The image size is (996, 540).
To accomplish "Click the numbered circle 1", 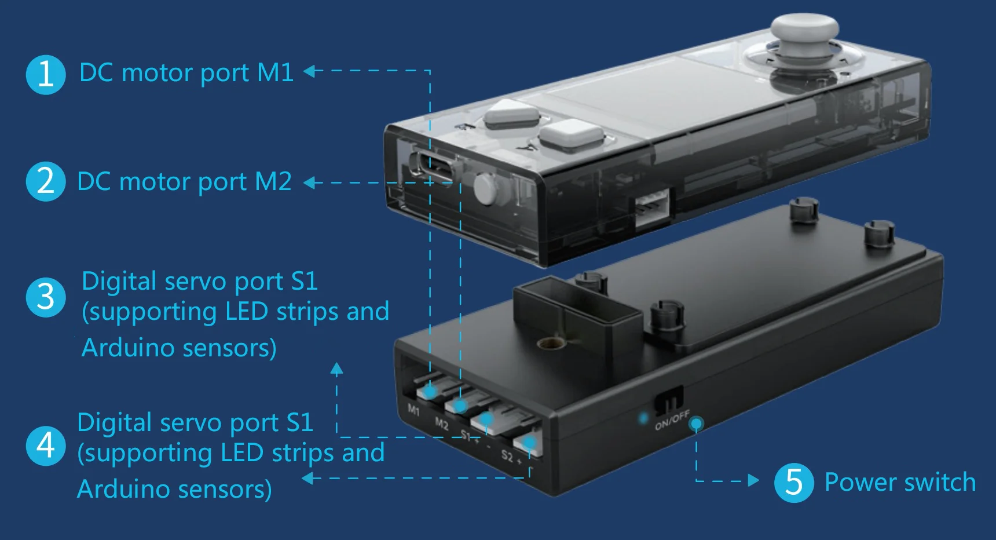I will (x=46, y=75).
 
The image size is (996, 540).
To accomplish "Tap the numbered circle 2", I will (x=46, y=181).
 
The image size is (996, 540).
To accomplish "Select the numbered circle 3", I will (x=46, y=297).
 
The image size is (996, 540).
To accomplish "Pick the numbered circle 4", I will (x=46, y=446).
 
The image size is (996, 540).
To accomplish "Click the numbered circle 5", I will (x=794, y=482).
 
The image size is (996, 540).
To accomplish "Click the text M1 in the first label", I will (x=275, y=72).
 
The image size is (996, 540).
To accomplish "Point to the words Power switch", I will (x=900, y=482).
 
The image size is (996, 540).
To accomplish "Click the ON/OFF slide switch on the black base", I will (x=669, y=400).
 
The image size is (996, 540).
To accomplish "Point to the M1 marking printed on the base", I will (x=413, y=410).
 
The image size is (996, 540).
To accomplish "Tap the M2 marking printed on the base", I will (x=441, y=424).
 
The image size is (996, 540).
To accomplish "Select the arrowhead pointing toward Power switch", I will (x=753, y=480).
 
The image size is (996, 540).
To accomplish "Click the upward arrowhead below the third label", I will (x=336, y=368).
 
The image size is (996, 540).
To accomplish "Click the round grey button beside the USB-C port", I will (x=485, y=189).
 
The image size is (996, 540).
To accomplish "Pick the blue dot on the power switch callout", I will (x=697, y=424).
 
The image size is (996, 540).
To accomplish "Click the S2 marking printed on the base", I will (x=507, y=455).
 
